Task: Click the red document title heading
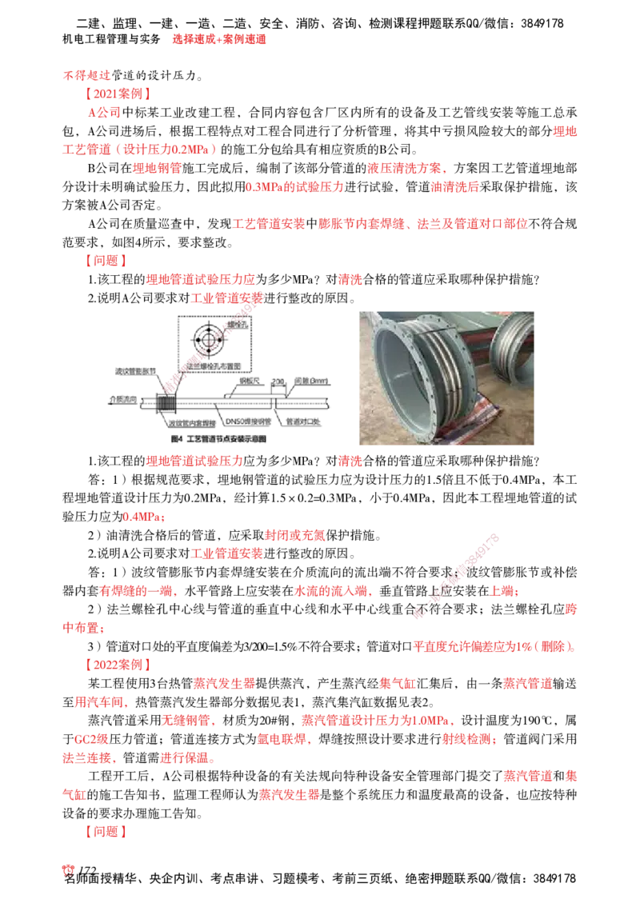coord(218,38)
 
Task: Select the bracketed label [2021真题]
coord(118,94)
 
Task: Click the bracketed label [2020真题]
coord(118,664)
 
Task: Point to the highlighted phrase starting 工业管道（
coord(138,150)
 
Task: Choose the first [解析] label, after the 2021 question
coord(105,261)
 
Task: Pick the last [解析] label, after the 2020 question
coord(105,832)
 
